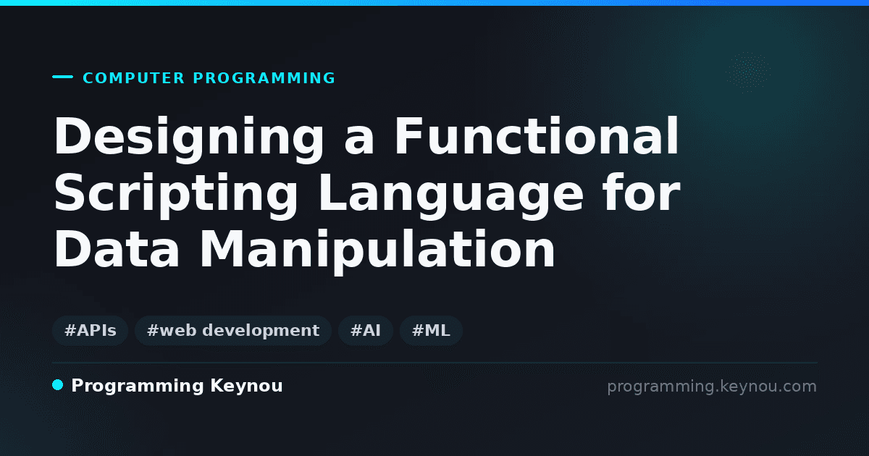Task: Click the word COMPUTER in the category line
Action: [x=133, y=78]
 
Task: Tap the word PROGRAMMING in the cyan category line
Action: [x=264, y=78]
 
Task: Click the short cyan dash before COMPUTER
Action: [x=62, y=77]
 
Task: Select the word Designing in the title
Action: [x=189, y=138]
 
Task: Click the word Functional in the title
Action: [x=537, y=136]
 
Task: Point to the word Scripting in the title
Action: [x=176, y=195]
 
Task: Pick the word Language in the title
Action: [x=450, y=195]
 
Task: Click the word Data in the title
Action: [x=117, y=248]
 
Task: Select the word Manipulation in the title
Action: [x=377, y=251]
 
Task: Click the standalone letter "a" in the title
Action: [x=359, y=141]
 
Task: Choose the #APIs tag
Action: [x=90, y=331]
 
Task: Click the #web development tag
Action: [x=233, y=331]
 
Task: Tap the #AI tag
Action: [x=366, y=331]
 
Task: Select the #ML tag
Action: [x=431, y=331]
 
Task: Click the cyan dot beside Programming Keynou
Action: [x=57, y=385]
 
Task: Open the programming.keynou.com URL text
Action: [x=712, y=387]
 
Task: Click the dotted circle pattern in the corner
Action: [x=748, y=72]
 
